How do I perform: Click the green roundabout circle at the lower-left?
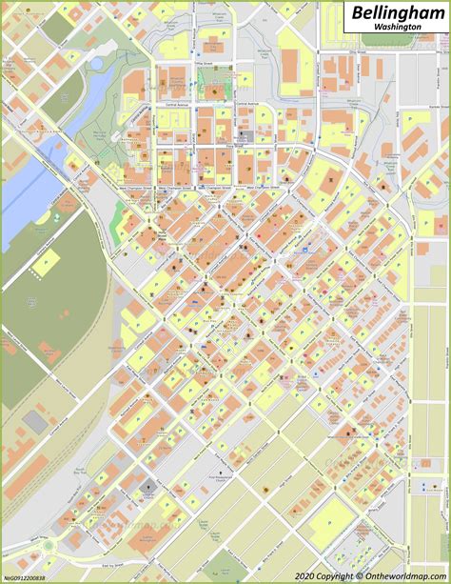click(47, 546)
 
